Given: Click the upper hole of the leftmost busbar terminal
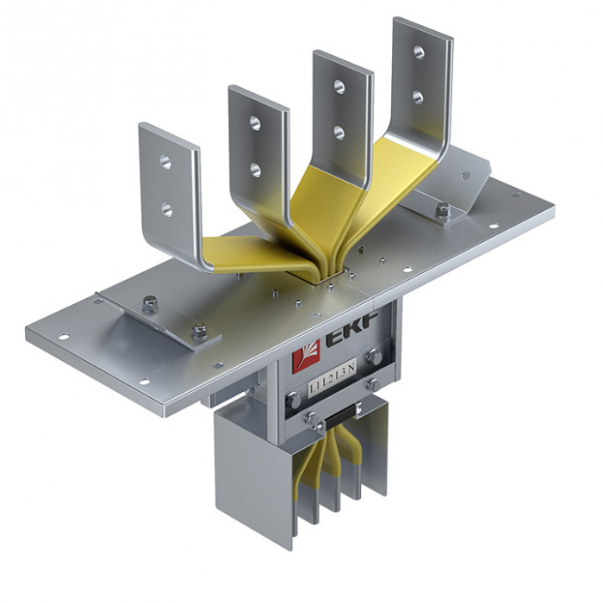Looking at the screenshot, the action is [165, 161].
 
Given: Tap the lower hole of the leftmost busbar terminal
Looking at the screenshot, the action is [166, 209].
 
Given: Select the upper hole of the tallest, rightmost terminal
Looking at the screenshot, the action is [419, 53].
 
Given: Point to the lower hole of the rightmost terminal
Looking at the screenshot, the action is [419, 97].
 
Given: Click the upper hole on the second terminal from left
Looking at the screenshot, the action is [255, 122].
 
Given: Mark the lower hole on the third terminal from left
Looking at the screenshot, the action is [339, 133].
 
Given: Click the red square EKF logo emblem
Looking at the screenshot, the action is [307, 357].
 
